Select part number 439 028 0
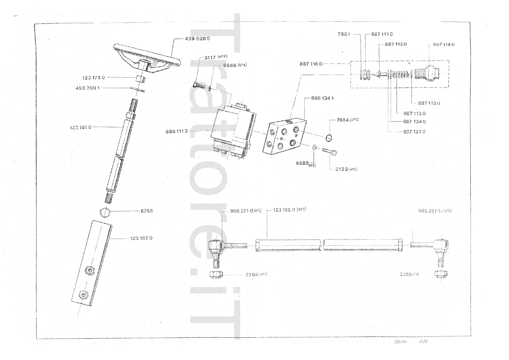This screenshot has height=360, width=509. [197, 39]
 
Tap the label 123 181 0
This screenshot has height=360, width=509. [80, 127]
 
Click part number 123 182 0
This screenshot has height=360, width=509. [141, 238]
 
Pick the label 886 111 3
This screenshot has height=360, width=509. [177, 131]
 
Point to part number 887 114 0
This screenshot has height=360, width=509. [443, 44]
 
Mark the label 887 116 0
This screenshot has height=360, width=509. [311, 64]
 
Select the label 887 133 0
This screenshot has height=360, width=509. [414, 131]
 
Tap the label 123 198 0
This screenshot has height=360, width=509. [284, 210]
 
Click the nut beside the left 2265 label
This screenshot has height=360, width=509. [216, 274]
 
